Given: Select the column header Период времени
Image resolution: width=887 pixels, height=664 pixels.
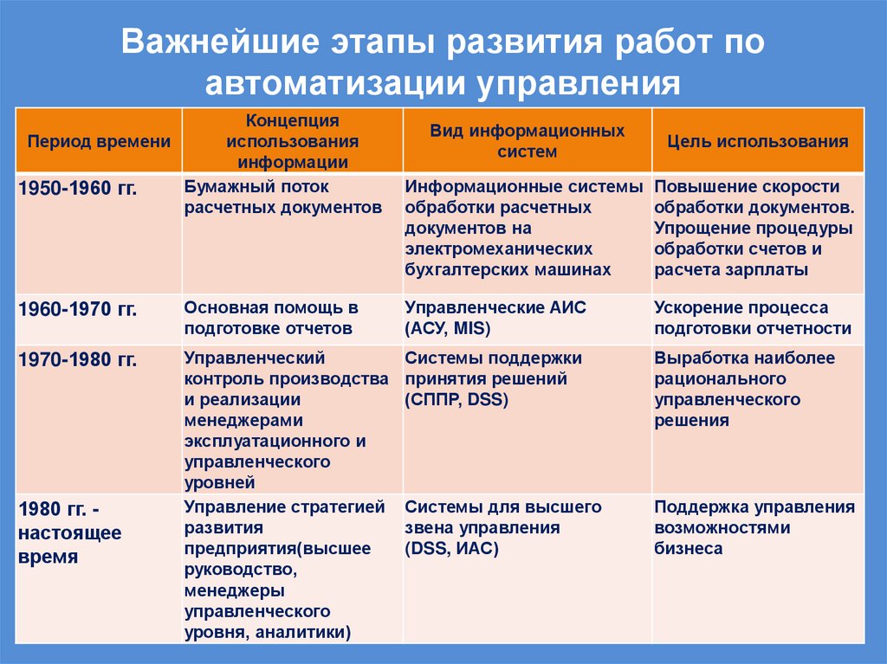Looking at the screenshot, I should (99, 142).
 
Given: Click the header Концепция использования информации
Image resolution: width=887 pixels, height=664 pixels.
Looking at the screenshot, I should (292, 140).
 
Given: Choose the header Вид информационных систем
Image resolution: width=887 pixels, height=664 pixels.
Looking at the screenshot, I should (527, 140).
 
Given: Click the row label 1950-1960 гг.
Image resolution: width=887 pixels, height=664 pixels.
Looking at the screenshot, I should (78, 188).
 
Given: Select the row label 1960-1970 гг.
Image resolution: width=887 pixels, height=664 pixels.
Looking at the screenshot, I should (78, 308).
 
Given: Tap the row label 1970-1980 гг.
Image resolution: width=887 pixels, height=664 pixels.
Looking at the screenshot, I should (78, 358).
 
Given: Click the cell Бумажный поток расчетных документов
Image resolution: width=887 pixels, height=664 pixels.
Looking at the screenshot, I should (282, 197).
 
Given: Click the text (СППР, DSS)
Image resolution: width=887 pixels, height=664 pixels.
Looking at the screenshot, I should (456, 399).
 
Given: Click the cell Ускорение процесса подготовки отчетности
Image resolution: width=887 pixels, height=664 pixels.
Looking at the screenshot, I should (752, 318).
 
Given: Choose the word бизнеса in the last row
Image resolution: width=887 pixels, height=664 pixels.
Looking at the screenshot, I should (689, 549).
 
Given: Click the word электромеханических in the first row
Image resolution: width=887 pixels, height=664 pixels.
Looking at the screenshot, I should (490, 249).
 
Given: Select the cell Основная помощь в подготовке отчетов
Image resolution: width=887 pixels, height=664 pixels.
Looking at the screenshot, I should (271, 318).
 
